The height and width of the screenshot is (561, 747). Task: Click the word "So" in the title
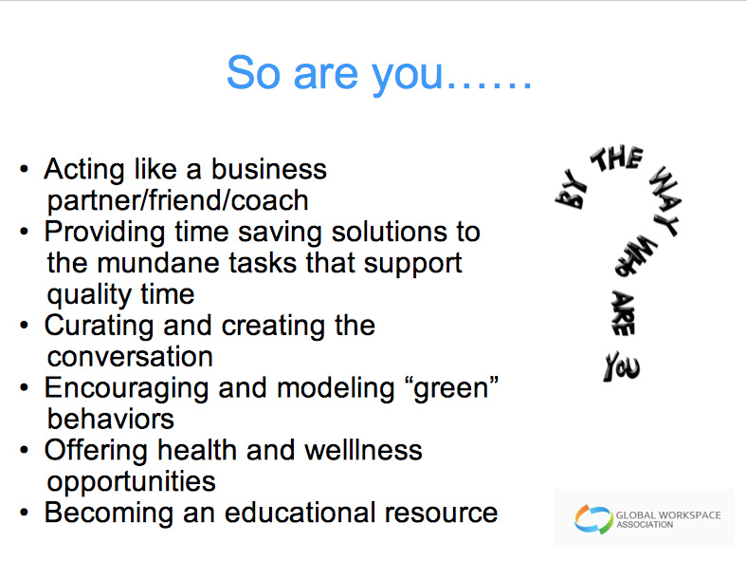click(x=253, y=73)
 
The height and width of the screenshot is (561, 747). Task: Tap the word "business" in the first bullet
click(x=268, y=169)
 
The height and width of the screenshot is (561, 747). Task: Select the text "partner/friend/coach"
click(x=177, y=201)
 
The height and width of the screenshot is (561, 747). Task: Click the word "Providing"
click(x=104, y=233)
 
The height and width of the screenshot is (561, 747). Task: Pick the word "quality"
click(x=82, y=295)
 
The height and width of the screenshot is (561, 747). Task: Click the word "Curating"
click(x=99, y=327)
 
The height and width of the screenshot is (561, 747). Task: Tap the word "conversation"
click(x=130, y=357)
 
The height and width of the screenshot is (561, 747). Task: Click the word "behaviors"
click(x=111, y=420)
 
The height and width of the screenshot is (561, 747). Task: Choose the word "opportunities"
click(x=132, y=482)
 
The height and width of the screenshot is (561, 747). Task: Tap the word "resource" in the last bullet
click(x=441, y=514)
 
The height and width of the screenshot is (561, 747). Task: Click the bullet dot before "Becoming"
click(x=25, y=513)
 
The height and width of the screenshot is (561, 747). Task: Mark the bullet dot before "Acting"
click(x=25, y=169)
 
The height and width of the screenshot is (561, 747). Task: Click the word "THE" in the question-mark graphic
click(x=617, y=159)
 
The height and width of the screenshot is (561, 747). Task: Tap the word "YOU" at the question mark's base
click(x=621, y=367)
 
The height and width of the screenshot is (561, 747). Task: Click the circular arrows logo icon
click(x=593, y=519)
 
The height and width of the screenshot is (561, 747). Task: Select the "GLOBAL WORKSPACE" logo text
click(x=668, y=515)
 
